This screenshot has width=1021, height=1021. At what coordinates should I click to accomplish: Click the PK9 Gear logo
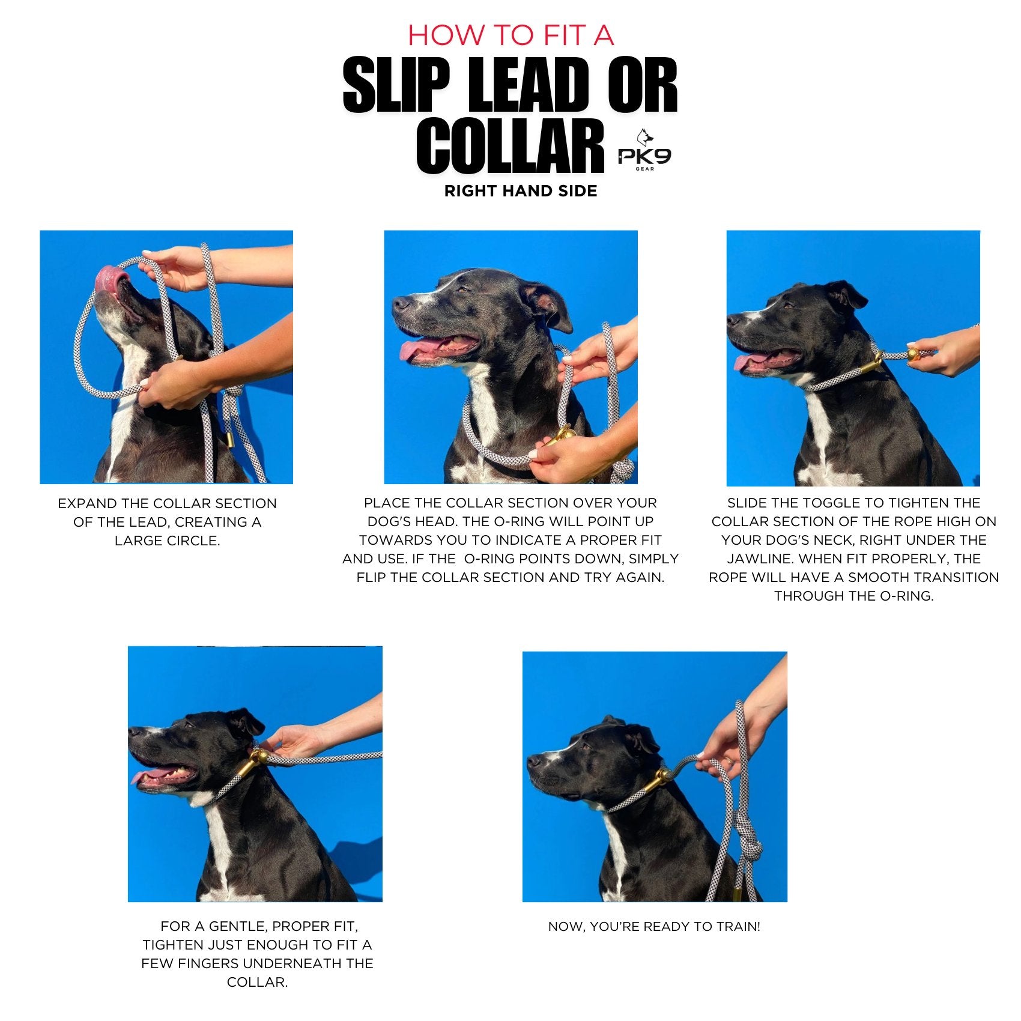coord(644,151)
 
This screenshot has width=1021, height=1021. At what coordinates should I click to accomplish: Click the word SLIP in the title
coord(396,85)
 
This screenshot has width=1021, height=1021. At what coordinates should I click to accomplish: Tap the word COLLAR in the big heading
coord(510,147)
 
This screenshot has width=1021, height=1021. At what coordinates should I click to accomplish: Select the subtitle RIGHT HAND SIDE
coord(521,191)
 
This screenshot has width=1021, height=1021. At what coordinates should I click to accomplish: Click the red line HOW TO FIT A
coord(510,35)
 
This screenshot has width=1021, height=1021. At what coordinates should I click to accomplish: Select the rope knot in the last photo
coord(748,835)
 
